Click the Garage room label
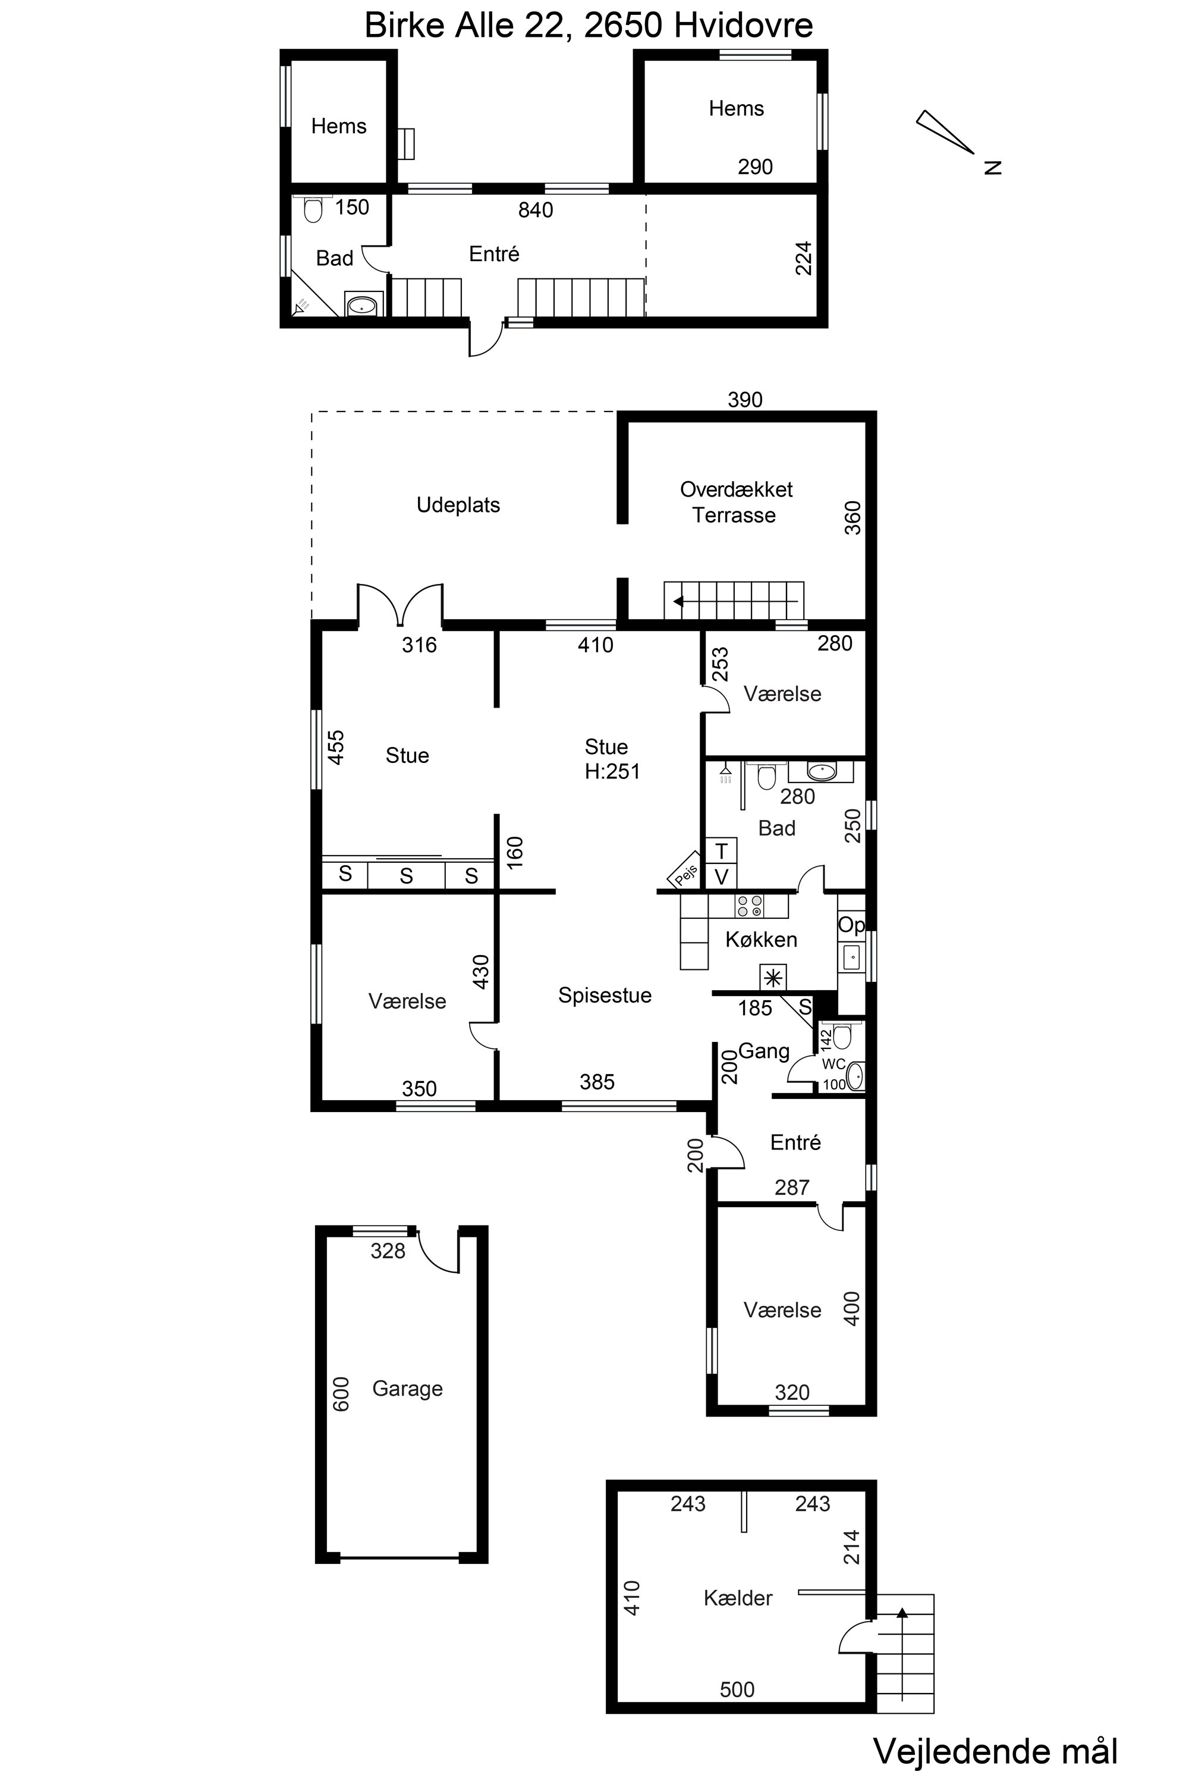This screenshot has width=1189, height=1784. click(x=407, y=1389)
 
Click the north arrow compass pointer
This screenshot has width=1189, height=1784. click(x=945, y=132)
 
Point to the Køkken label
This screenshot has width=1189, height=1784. click(x=762, y=940)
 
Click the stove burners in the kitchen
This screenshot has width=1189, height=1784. click(x=750, y=906)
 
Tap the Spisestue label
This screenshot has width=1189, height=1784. click(x=605, y=995)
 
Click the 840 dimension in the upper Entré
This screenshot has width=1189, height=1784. click(x=536, y=210)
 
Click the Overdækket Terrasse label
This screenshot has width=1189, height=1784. click(x=735, y=502)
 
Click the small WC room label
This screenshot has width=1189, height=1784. click(x=834, y=1064)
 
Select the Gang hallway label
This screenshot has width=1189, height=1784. click(x=763, y=1051)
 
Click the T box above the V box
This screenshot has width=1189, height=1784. click(x=722, y=850)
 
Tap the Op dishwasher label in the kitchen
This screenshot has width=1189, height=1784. click(x=851, y=926)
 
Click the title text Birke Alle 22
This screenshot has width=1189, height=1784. click(x=466, y=25)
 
